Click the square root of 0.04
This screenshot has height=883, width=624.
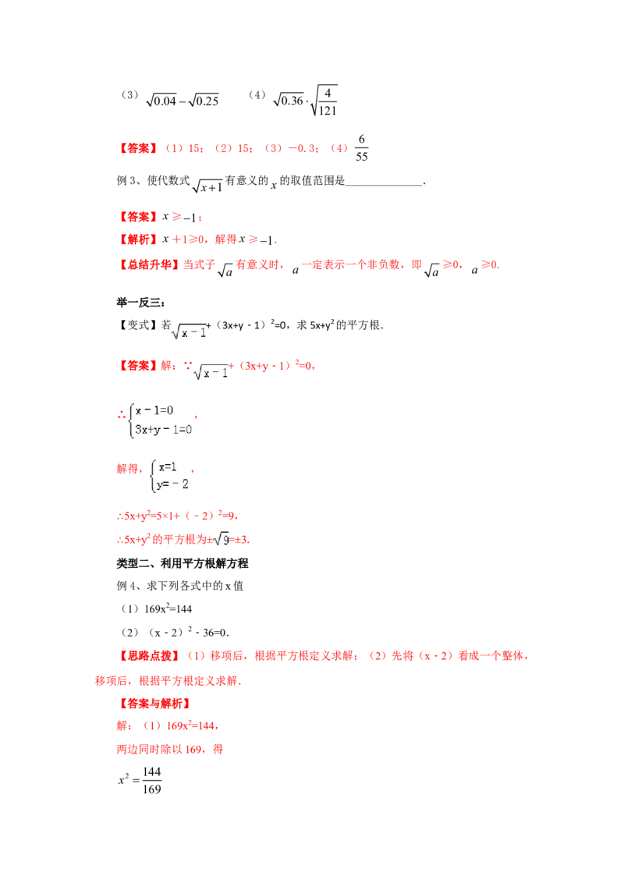pos(161,101)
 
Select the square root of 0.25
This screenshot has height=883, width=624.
pos(204,101)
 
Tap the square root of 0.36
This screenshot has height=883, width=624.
pos(289,101)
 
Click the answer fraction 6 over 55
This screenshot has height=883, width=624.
pos(362,147)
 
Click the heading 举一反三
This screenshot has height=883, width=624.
pos(140,303)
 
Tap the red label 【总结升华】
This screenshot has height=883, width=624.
pos(149,264)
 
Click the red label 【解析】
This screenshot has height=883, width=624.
pos(138,239)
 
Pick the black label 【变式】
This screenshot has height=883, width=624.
pos(137,325)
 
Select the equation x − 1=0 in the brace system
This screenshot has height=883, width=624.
pos(154,410)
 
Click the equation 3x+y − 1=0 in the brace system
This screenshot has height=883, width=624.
pos(163,429)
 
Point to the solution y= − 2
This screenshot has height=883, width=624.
pos(173,484)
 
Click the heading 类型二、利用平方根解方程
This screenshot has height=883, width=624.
pos(183,563)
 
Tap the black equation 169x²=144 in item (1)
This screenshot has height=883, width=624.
pos(168,608)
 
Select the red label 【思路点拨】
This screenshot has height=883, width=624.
pos(149,656)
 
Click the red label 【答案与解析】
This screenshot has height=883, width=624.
pos(154,704)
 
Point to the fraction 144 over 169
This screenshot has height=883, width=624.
pos(151,781)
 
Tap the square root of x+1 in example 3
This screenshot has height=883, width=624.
pos(207,186)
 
